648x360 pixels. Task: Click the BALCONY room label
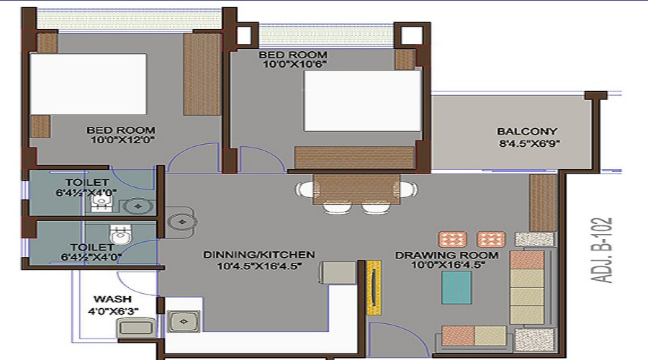point(527,132)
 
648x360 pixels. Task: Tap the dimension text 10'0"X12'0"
point(122,140)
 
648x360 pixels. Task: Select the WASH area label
point(112,299)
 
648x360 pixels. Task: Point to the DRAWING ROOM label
point(446,256)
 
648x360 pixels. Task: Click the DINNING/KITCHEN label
point(259,255)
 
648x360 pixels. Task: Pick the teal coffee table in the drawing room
point(456,287)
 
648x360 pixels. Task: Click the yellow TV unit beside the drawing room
point(374,287)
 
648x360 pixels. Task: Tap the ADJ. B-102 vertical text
point(601,251)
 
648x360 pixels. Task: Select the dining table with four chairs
point(356,194)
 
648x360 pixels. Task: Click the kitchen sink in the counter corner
point(184,321)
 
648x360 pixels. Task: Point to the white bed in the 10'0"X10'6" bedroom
point(362,101)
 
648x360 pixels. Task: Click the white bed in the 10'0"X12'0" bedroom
point(88,84)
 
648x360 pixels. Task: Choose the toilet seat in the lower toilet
point(120,235)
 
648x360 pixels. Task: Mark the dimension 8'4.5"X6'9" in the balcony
point(529,143)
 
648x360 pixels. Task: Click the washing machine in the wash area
point(136,328)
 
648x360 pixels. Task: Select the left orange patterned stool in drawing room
point(453,239)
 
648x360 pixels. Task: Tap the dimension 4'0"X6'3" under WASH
point(113,311)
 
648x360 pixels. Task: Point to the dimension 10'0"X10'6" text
point(294,64)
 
